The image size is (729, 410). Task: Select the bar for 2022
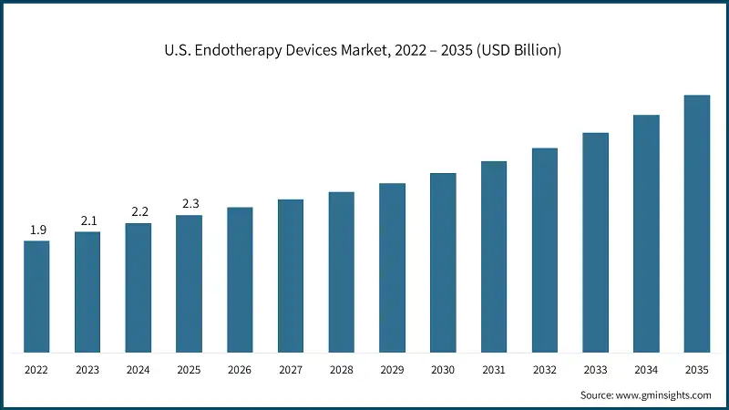coord(36,296)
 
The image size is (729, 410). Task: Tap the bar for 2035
coord(697,223)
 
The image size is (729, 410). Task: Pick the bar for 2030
coord(443,262)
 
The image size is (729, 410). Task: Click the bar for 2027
coord(291,275)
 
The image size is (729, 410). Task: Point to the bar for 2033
coord(595,242)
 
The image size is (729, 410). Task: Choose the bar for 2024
coord(139,287)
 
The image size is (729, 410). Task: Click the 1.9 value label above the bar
coord(37,231)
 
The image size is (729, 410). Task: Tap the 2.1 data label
coord(87,221)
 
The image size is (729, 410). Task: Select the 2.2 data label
coord(139,212)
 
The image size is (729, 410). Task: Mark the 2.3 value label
coord(190,204)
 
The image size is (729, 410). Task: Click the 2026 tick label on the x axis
coord(240,372)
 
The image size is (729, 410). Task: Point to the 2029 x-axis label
coord(392,372)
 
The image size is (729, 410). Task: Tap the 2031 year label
coord(494,372)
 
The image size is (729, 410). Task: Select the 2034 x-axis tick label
coord(646,372)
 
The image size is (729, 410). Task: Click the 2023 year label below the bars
coord(87,372)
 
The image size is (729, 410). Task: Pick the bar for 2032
coord(545,250)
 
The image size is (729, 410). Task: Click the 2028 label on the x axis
coord(342,372)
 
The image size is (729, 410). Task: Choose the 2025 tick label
coord(190,372)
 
